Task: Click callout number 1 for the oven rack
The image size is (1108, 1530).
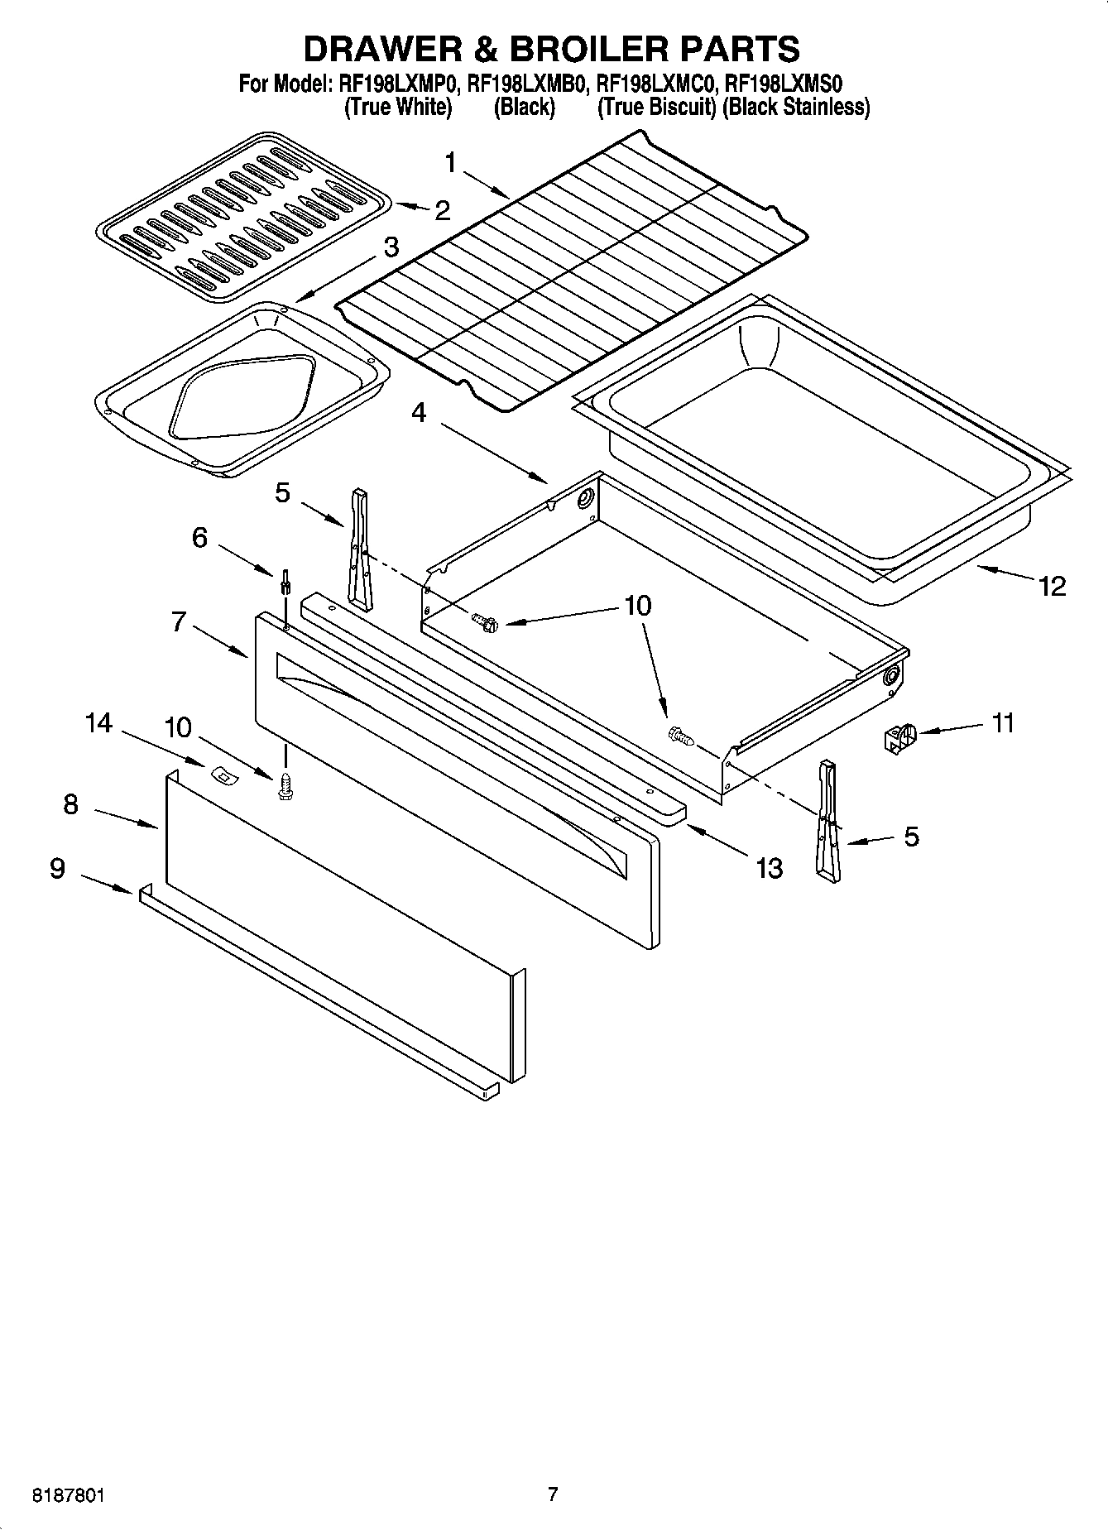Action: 451,163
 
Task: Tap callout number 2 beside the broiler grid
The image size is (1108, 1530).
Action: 443,211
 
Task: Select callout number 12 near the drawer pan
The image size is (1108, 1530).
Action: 1053,586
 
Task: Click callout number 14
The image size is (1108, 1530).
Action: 98,723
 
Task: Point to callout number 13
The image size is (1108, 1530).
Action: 769,868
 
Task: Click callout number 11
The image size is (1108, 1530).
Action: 1002,723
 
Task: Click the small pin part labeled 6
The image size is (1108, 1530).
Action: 285,581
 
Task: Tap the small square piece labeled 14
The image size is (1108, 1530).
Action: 222,775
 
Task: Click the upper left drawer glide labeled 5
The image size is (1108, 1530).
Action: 360,546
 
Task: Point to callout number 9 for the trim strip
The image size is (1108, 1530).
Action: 57,868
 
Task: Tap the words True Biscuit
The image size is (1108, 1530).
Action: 657,107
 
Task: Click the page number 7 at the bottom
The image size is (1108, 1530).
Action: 553,1494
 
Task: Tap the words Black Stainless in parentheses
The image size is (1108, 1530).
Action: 796,107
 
